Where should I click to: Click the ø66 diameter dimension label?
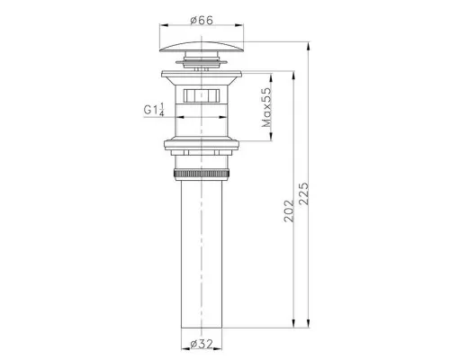tap(202, 21)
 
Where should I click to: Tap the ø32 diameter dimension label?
tap(202, 344)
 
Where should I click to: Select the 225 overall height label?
tap(304, 193)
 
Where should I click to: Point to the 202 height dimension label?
tap(289, 211)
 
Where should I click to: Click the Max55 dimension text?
tap(266, 107)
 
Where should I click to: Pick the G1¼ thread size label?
tap(154, 110)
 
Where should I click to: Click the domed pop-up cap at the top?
tap(202, 47)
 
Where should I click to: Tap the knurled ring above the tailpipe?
tap(202, 174)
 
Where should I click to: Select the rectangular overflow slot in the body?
tap(202, 95)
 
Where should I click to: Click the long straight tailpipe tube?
tap(202, 254)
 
